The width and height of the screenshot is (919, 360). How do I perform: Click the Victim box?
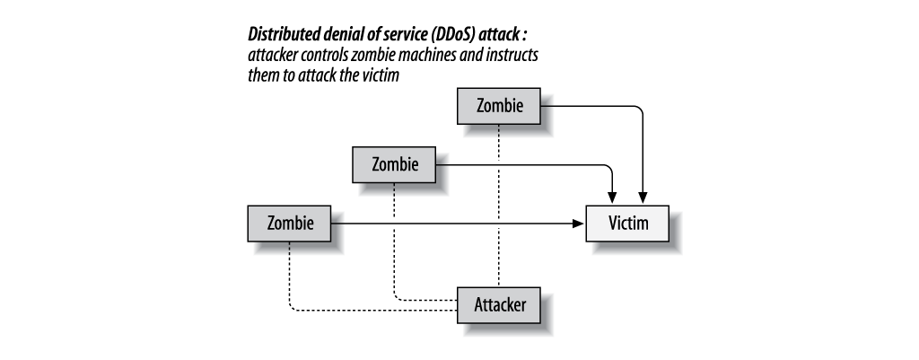click(x=627, y=223)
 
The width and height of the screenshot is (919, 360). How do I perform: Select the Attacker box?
click(x=500, y=303)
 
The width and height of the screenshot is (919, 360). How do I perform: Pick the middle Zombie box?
click(x=393, y=164)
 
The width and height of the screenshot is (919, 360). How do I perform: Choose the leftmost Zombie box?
click(x=288, y=223)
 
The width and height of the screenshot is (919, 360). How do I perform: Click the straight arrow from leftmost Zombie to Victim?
click(x=449, y=223)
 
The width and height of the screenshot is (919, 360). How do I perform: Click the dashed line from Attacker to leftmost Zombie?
click(x=359, y=311)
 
